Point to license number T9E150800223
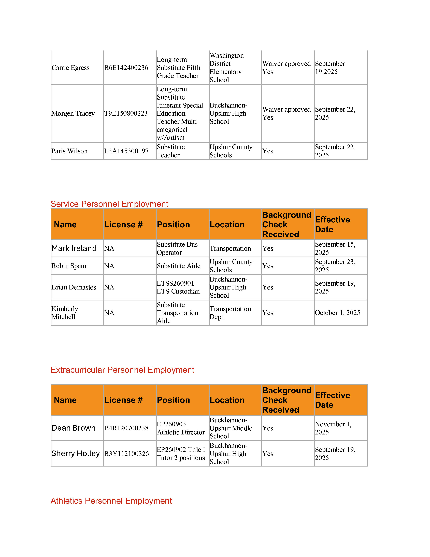(126, 113)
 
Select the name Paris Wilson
(69, 151)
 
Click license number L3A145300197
(126, 151)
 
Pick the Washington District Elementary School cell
(226, 68)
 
